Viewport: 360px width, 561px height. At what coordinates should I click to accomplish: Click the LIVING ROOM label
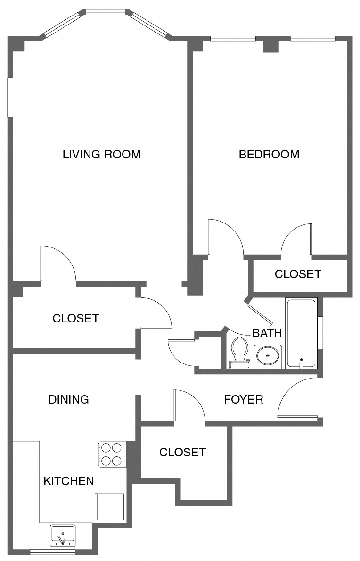101,154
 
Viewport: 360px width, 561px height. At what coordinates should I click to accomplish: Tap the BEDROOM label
269,154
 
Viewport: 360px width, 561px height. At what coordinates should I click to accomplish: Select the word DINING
69,400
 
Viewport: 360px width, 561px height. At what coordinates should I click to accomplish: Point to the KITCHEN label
69,481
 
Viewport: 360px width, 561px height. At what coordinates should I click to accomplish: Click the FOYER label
243,400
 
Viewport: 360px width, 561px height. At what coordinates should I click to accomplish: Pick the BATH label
267,333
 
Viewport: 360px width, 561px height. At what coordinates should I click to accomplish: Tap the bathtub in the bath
301,332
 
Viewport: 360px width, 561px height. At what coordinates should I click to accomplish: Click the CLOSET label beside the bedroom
298,274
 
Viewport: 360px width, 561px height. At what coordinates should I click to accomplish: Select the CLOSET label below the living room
76,318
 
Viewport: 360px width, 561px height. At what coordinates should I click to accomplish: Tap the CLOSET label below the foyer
182,453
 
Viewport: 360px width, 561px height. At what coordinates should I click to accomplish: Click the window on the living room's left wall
10,98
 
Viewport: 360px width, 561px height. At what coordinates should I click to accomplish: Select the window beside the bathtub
320,333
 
